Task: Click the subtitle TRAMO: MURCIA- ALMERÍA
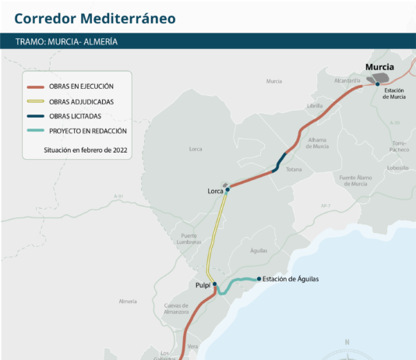[x=66, y=41]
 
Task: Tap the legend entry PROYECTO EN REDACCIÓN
[x=84, y=131]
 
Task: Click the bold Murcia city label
[x=379, y=67]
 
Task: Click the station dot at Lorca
[x=227, y=189]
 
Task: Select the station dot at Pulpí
[x=215, y=284]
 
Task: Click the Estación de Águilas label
[x=291, y=279]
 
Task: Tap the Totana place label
[x=294, y=169]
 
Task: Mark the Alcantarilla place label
[x=347, y=80]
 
